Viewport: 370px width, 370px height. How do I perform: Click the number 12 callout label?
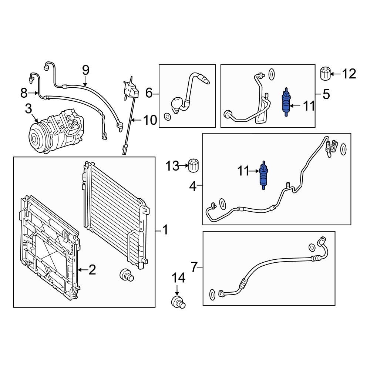pyautogui.click(x=349, y=74)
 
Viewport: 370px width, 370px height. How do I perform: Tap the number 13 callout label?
pyautogui.click(x=172, y=166)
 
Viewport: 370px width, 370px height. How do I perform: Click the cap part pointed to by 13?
pyautogui.click(x=194, y=165)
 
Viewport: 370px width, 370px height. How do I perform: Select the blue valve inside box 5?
pyautogui.click(x=286, y=102)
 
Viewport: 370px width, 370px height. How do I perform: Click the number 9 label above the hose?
pyautogui.click(x=85, y=70)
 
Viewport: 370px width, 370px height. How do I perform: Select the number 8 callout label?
pyautogui.click(x=24, y=93)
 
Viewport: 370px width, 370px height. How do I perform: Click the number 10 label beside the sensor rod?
pyautogui.click(x=150, y=120)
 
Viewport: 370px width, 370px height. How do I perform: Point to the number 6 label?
pyautogui.click(x=149, y=93)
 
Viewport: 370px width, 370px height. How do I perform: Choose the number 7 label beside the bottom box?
pyautogui.click(x=195, y=266)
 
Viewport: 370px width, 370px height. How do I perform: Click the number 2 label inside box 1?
pyautogui.click(x=92, y=270)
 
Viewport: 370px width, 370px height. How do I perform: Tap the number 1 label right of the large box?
pyautogui.click(x=165, y=231)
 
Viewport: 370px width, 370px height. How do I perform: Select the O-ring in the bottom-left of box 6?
pyautogui.click(x=167, y=117)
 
